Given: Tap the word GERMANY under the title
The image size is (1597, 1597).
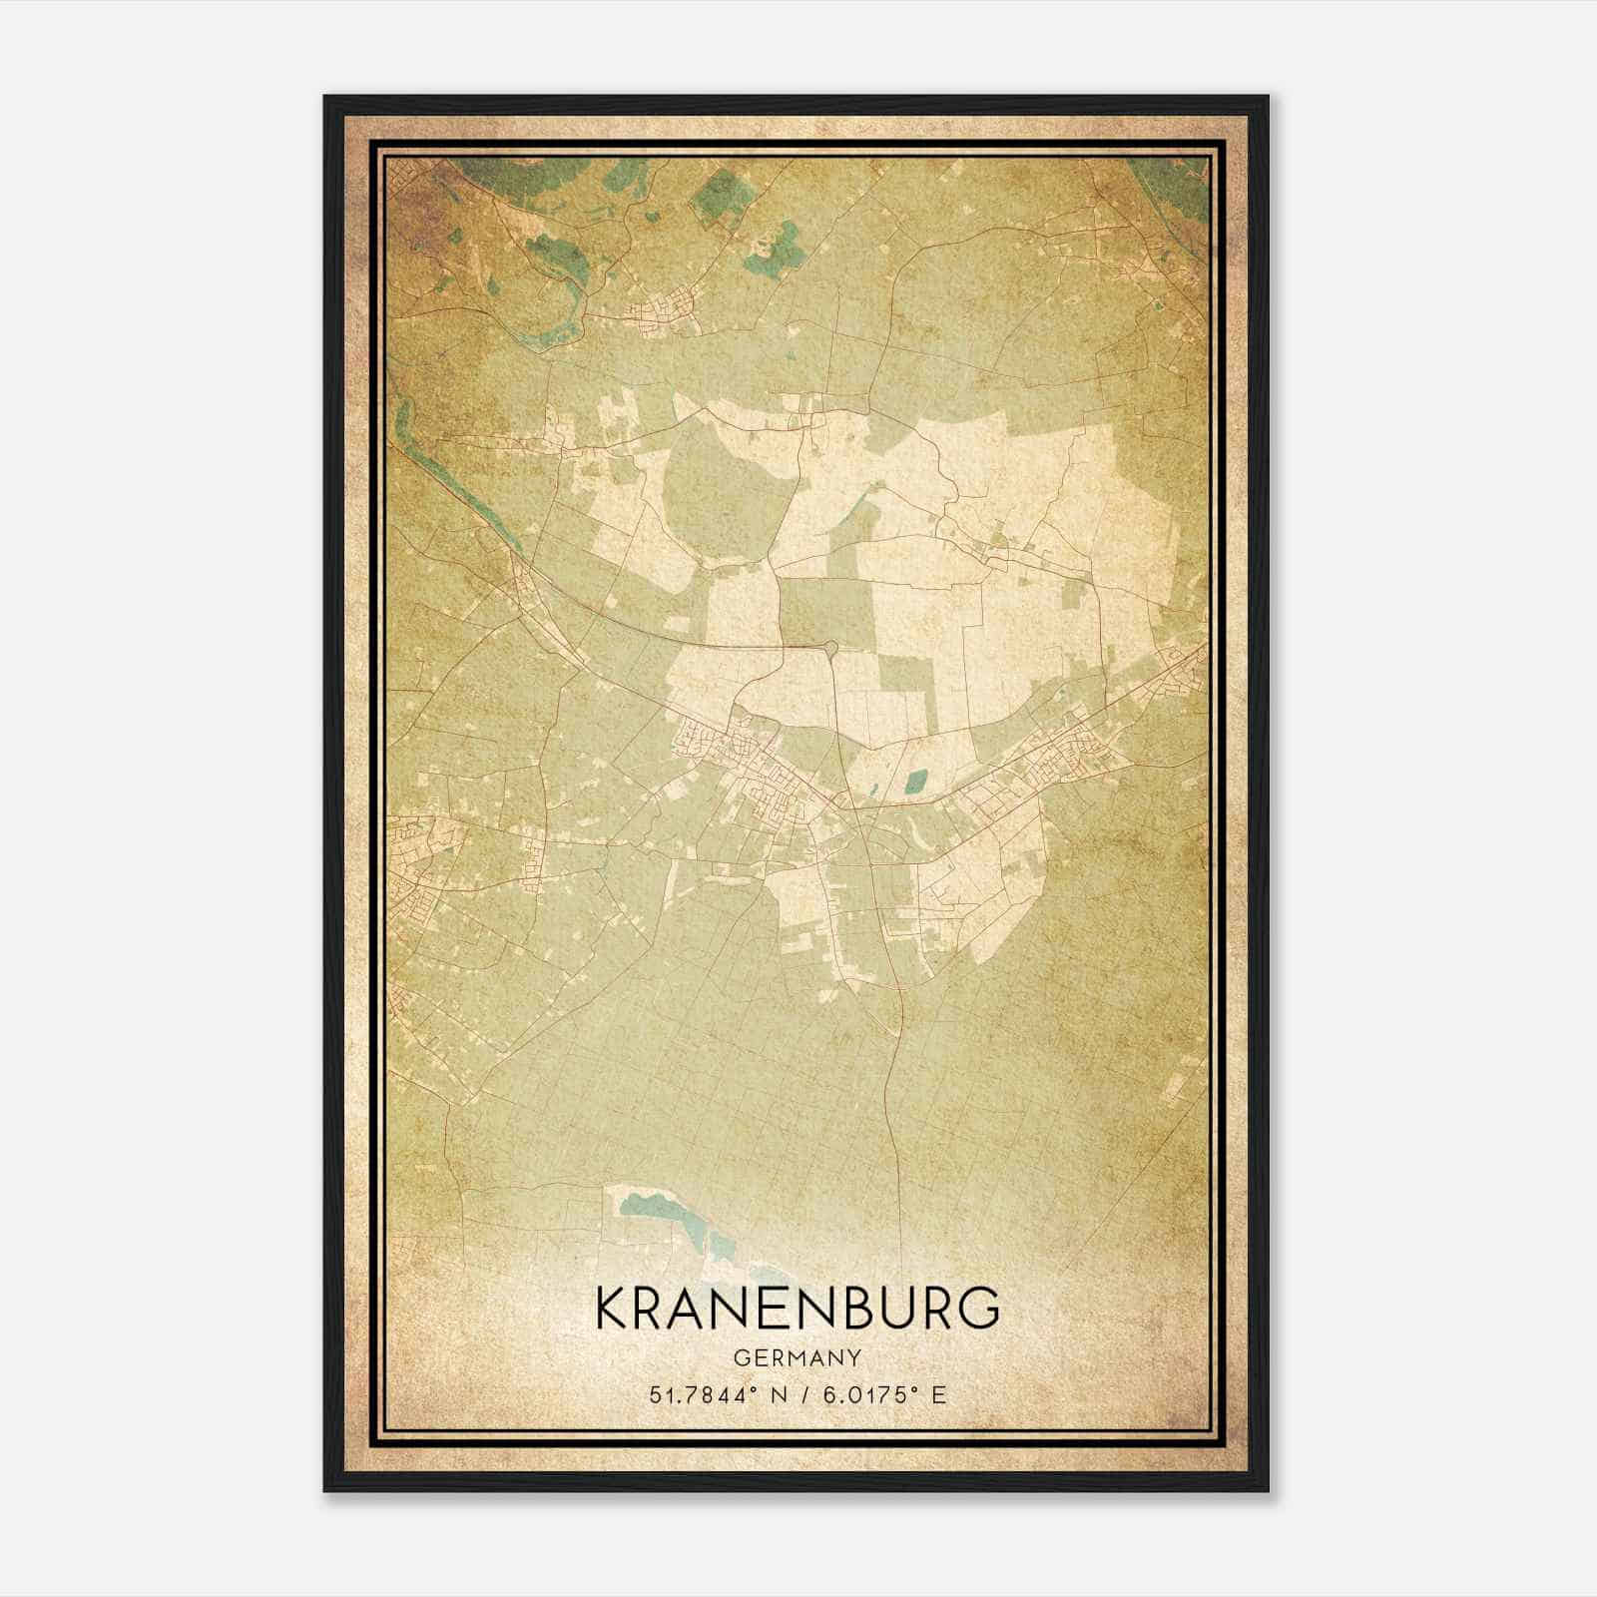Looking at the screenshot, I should pyautogui.click(x=798, y=1357).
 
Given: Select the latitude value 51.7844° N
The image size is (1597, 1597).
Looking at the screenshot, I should pyautogui.click(x=712, y=1394).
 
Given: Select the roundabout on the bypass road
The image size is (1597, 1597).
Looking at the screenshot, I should pyautogui.click(x=831, y=651).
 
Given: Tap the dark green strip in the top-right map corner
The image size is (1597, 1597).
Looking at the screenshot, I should pyautogui.click(x=1183, y=190).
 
